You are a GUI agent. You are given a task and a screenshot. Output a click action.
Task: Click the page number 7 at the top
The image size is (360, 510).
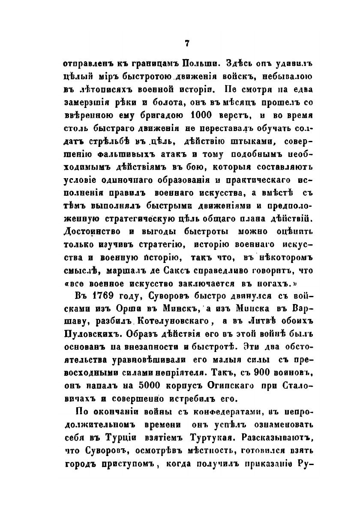pyautogui.click(x=186, y=43)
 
